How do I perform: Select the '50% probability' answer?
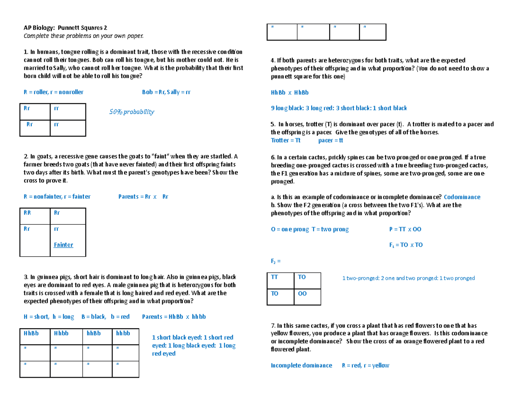tap(132, 112)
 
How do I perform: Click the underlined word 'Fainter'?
tap(63, 245)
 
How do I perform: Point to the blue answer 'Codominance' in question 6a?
tap(462, 197)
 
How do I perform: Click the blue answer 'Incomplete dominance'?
tap(301, 365)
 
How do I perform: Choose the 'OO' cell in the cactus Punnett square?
tap(302, 294)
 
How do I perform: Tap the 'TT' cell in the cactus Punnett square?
tap(274, 277)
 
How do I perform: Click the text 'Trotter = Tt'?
tap(285, 141)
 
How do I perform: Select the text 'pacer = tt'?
tap(331, 141)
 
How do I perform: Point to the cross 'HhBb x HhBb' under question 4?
tap(289, 92)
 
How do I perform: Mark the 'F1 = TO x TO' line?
tap(406, 245)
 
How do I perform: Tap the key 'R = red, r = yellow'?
tap(365, 365)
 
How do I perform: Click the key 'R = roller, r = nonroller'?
tap(53, 92)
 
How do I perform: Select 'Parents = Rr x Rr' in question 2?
tap(143, 196)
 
